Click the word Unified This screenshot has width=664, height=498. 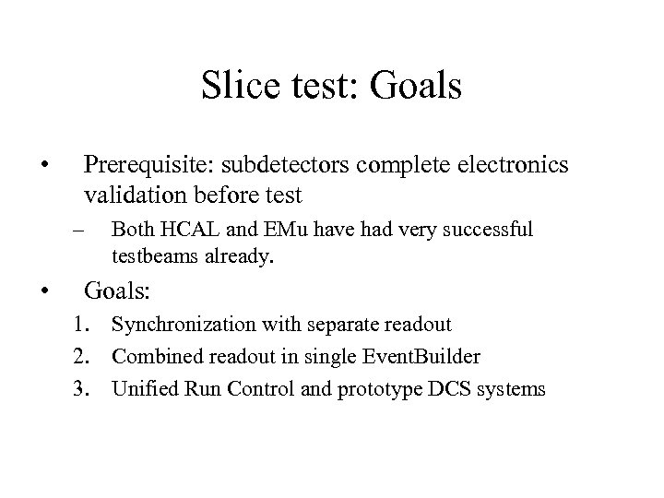(x=141, y=389)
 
